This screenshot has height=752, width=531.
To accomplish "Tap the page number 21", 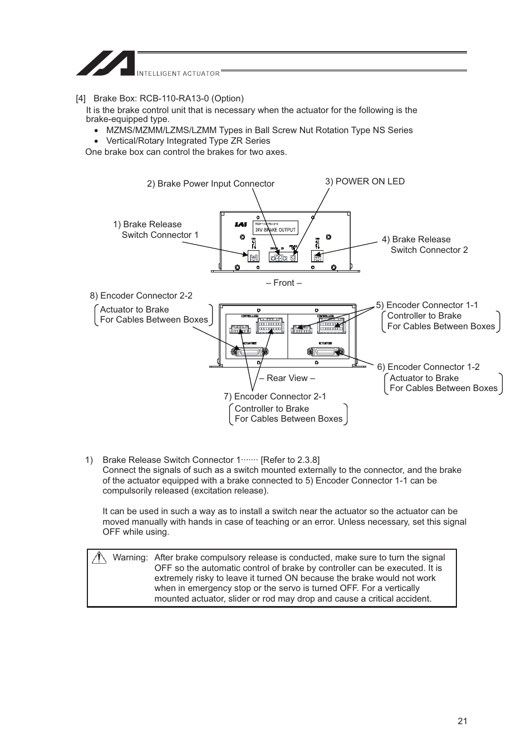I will point(462,721).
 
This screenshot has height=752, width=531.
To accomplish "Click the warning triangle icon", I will point(100,557).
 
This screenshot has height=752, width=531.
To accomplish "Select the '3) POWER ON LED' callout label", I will point(365,181).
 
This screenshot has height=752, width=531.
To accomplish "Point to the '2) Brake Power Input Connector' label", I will point(210,183).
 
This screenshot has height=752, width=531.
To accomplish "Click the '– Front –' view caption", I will point(283,282).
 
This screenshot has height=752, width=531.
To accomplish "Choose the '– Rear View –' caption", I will point(287,378).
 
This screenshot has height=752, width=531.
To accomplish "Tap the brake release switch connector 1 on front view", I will point(253,256).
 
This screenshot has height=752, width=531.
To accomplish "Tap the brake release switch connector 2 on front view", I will point(317,256).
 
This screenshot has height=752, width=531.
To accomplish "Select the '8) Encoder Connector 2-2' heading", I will point(141,295).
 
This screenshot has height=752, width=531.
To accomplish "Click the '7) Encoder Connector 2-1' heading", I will point(274,396).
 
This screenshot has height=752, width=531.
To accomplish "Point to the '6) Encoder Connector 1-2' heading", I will point(428,367).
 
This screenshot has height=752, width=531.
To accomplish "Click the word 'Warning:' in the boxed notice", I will point(130,557).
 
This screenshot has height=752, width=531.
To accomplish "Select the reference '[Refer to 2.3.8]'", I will point(290,460).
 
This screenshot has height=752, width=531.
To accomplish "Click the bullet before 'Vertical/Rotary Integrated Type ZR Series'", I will point(96,141).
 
